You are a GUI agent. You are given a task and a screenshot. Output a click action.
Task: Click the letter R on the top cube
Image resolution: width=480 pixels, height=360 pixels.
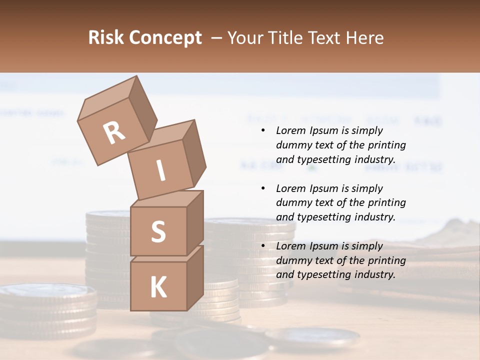coord(114,132)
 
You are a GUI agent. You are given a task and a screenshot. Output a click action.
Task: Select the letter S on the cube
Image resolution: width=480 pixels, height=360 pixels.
coord(158,231)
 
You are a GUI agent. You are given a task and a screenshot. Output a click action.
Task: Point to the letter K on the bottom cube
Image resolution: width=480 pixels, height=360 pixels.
coord(158,287)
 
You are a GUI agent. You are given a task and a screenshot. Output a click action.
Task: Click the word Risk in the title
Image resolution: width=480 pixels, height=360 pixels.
coord(105,37)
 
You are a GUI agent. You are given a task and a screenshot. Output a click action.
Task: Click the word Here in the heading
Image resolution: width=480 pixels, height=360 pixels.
coord(365,37)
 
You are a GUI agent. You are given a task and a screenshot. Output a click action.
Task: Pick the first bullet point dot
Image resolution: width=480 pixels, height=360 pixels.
coord(263,131)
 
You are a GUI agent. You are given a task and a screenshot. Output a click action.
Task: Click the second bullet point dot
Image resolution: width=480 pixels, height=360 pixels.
coord(263,188)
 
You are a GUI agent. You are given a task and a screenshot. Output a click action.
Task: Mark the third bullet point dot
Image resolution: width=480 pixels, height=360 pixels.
coord(263,246)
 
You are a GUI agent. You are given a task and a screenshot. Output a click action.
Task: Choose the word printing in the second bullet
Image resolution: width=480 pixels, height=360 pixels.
coord(387,203)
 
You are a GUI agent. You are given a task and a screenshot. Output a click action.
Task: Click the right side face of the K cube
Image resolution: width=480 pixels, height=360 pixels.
coord(195,277)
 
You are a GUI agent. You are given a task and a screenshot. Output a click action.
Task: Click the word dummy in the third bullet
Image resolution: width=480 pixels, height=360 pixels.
coord(295,260)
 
